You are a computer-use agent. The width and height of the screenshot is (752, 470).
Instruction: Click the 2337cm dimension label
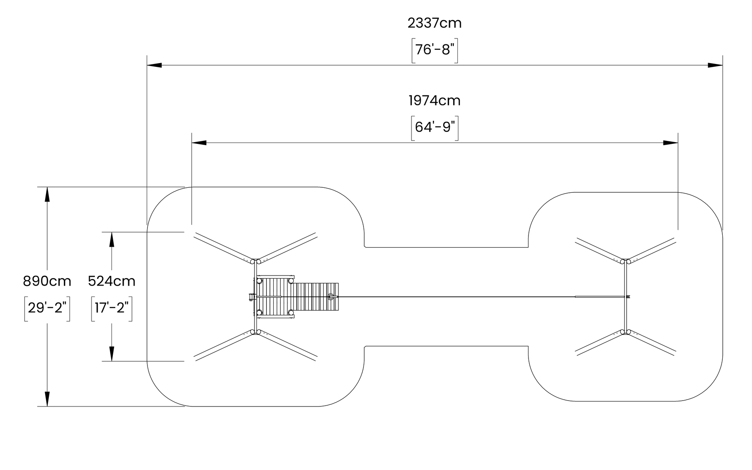point(434,23)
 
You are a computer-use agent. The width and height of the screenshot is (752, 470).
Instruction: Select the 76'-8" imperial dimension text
point(434,50)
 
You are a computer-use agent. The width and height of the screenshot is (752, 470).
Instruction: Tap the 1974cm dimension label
point(434,101)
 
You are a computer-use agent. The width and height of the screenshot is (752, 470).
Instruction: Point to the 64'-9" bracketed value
point(434,127)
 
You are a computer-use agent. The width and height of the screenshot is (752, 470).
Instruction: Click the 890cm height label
point(47,281)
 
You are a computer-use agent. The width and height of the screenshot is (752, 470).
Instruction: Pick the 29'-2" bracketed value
point(47,308)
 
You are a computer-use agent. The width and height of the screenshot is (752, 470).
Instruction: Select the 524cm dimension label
point(112,281)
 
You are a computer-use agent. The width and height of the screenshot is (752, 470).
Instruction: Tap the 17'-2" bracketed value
point(112,308)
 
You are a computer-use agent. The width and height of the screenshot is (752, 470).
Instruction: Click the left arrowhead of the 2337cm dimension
point(154,65)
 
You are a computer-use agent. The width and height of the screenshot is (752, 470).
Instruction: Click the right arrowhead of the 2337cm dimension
point(715,65)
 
